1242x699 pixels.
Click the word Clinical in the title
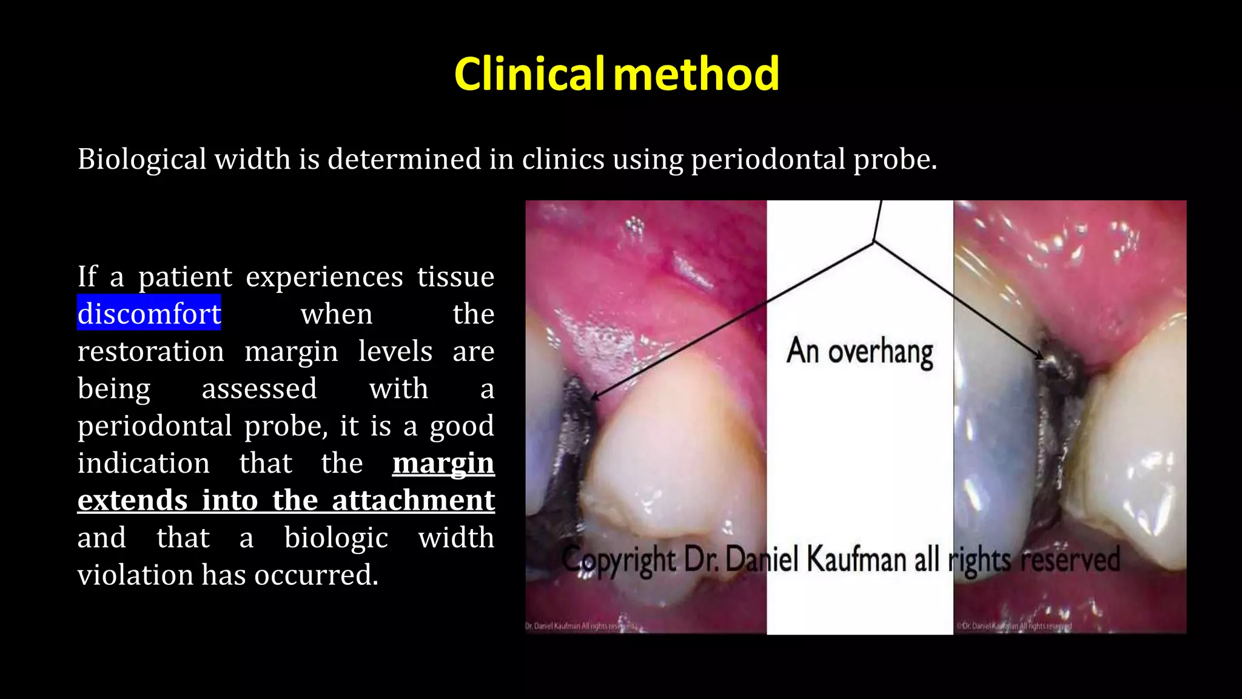(529, 74)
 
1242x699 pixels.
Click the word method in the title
(696, 74)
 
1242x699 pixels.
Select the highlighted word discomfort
(149, 314)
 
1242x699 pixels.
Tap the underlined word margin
(443, 463)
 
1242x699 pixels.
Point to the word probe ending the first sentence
(894, 160)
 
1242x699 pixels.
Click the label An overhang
(859, 352)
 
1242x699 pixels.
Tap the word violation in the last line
(135, 575)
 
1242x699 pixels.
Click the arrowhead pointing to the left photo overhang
(594, 397)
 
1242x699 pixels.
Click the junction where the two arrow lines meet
(874, 241)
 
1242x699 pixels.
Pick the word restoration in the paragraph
(151, 351)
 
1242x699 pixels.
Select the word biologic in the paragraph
(336, 538)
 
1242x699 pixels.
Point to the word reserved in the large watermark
(1070, 559)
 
